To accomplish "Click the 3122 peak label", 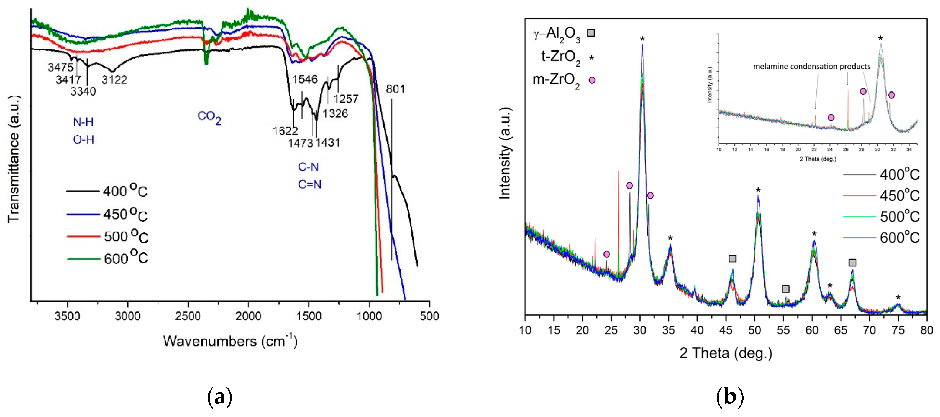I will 114,79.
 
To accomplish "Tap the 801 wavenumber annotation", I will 395,89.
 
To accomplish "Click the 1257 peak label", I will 345,99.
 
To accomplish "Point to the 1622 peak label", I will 285,130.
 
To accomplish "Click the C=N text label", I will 309,184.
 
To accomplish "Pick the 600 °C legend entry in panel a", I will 108,258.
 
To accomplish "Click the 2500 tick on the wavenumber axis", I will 188,316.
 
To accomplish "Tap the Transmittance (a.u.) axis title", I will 14,159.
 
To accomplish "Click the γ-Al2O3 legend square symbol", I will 590,33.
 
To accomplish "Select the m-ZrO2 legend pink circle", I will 592,80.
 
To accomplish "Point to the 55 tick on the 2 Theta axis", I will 783,330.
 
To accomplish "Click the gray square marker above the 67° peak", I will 852,263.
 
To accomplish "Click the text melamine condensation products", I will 811,67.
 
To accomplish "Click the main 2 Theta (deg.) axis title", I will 726,354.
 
